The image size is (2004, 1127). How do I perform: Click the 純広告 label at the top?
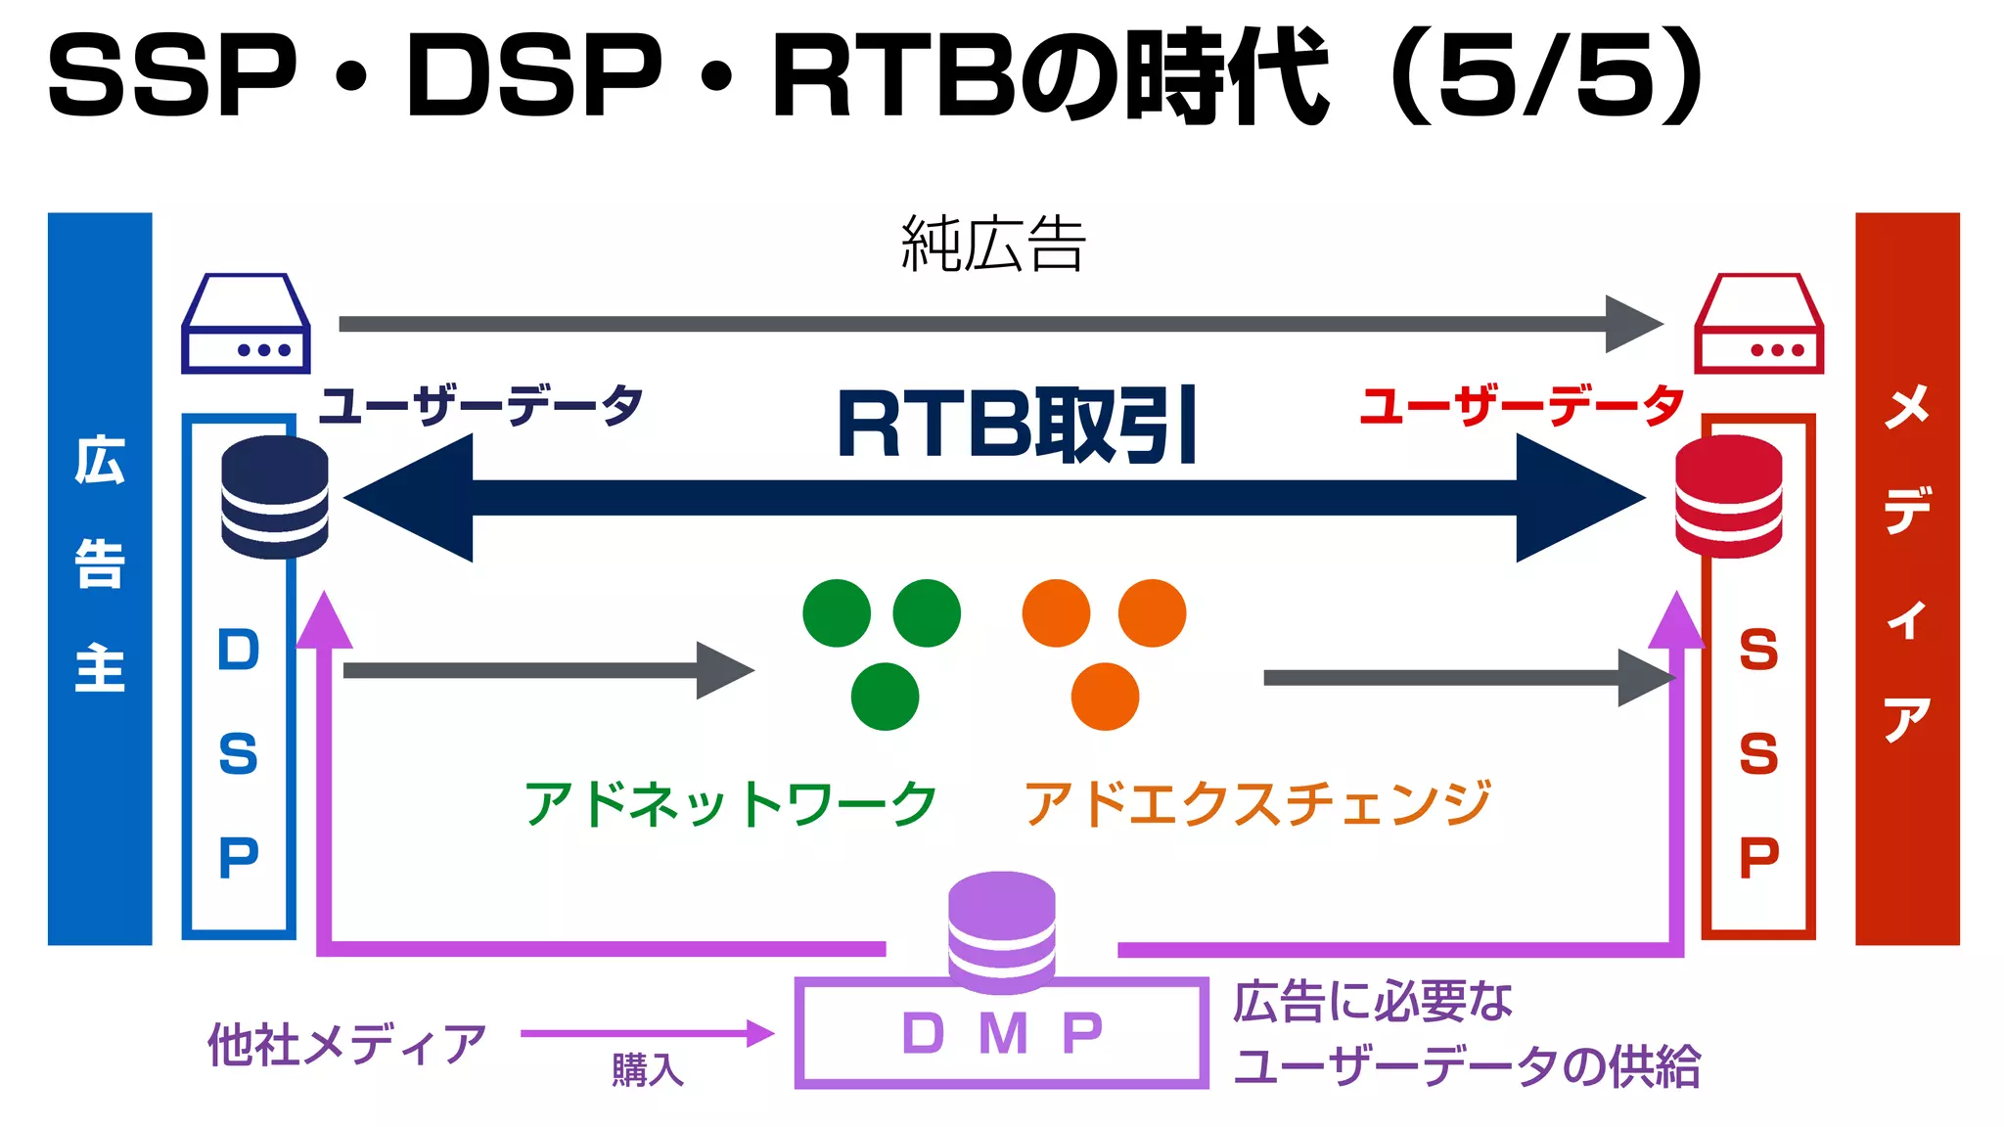[993, 245]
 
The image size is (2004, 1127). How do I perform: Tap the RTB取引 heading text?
[1018, 426]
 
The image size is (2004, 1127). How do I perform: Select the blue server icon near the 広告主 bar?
[246, 324]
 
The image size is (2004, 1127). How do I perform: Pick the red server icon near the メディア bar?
[1758, 324]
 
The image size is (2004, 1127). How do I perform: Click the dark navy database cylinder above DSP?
[275, 497]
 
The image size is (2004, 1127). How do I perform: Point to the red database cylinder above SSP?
[1728, 497]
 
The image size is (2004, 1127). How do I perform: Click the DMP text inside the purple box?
[1002, 1034]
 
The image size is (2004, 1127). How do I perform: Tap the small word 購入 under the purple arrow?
[647, 1070]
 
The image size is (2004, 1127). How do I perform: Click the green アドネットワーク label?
[730, 804]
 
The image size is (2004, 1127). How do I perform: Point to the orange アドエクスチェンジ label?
[1257, 804]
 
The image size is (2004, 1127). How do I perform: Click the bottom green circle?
[885, 697]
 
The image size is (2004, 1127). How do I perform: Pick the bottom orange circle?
[1105, 697]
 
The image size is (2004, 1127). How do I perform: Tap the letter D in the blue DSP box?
[239, 651]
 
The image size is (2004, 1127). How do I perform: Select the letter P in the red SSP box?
[1758, 859]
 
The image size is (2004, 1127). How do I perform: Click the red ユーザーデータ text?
[1523, 405]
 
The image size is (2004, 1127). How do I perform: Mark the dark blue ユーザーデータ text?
[481, 405]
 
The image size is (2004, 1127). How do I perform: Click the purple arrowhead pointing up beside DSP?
[324, 620]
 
